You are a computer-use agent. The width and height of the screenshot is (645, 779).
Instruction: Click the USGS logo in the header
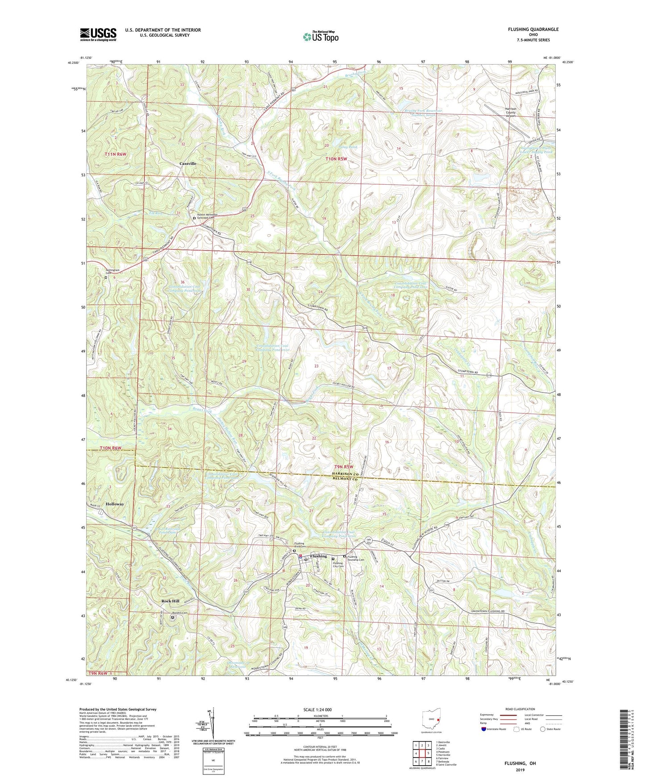click(98, 34)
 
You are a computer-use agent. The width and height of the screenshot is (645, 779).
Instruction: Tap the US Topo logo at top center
click(320, 37)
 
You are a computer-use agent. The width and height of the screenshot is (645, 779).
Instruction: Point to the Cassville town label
click(187, 164)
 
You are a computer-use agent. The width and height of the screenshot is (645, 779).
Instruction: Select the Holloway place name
click(115, 504)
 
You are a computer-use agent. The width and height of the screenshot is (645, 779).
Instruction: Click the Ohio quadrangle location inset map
click(432, 720)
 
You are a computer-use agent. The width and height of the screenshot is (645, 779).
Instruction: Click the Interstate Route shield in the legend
click(485, 729)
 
